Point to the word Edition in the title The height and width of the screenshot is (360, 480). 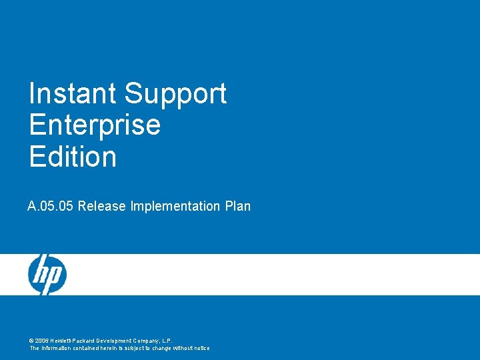tap(73, 157)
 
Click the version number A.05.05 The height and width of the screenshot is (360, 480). tap(51, 206)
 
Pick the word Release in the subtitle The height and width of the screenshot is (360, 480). tap(101, 206)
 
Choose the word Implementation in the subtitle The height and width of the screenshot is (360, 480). tap(175, 206)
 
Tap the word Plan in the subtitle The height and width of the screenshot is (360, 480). tap(238, 206)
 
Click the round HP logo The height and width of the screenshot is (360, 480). tap(47, 274)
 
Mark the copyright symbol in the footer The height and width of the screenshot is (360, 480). tap(31, 340)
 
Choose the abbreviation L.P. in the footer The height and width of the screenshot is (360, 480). tap(165, 340)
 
